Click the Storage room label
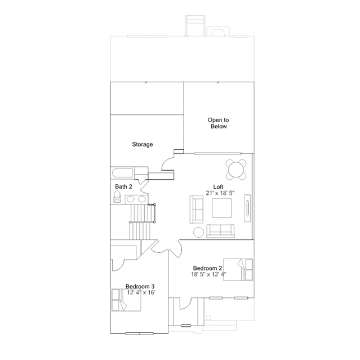coord(143,144)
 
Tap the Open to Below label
coord(219,123)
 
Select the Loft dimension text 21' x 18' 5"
coord(220,193)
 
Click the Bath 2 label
coord(123,186)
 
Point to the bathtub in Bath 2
coord(122,173)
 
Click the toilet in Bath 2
coord(117,197)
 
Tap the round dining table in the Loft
coord(236,170)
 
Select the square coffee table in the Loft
coord(222,207)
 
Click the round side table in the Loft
coord(199,232)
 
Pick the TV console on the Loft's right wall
coord(247,208)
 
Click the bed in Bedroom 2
coord(238,269)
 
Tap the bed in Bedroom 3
coord(126,300)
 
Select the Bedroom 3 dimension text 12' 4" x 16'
coord(141,292)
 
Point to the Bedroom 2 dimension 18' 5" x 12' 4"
coord(208,274)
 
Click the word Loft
coord(218,187)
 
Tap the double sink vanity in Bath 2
coord(136,199)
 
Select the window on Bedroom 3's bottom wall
coord(139,334)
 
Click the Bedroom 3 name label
coord(140,287)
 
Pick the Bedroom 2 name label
coord(207,268)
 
